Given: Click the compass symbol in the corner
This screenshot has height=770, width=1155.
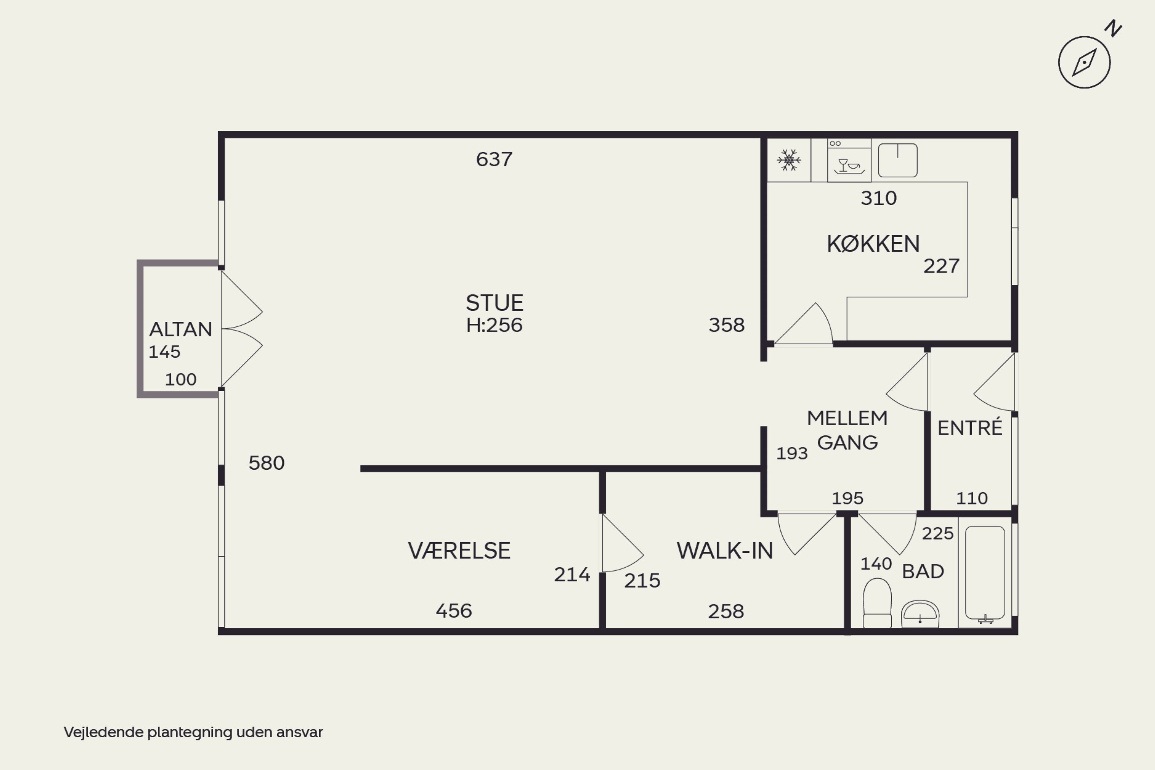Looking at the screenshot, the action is click(x=1084, y=62).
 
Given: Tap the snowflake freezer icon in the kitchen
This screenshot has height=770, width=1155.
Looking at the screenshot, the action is click(x=788, y=160).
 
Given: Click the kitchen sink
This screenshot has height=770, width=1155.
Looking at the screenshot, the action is click(x=898, y=160).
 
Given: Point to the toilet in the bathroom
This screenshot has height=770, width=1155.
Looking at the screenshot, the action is click(x=877, y=603).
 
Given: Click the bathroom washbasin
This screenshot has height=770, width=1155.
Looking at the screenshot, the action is click(x=920, y=614).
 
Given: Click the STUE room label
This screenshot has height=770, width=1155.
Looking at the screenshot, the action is click(x=494, y=303).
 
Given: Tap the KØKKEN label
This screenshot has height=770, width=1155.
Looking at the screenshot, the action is click(x=873, y=244).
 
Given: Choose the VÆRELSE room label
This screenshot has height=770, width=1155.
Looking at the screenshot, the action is click(x=459, y=551).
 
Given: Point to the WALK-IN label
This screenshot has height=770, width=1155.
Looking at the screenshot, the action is click(x=725, y=551).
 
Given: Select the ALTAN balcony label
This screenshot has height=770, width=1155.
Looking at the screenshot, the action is click(x=181, y=329).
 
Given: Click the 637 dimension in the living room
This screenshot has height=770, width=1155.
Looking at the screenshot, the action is click(x=494, y=159).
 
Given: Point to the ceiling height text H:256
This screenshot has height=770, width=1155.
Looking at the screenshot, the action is click(x=494, y=325).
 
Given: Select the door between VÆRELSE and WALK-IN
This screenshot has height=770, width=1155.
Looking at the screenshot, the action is click(x=623, y=542).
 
